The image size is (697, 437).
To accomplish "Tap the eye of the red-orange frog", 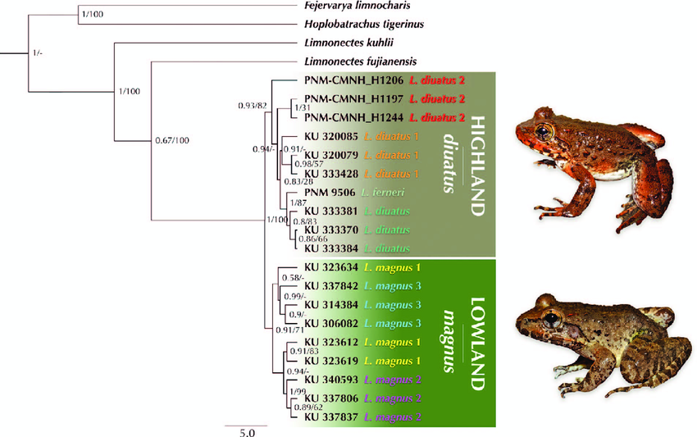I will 544,131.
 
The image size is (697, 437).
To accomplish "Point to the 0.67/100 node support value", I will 172,141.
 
